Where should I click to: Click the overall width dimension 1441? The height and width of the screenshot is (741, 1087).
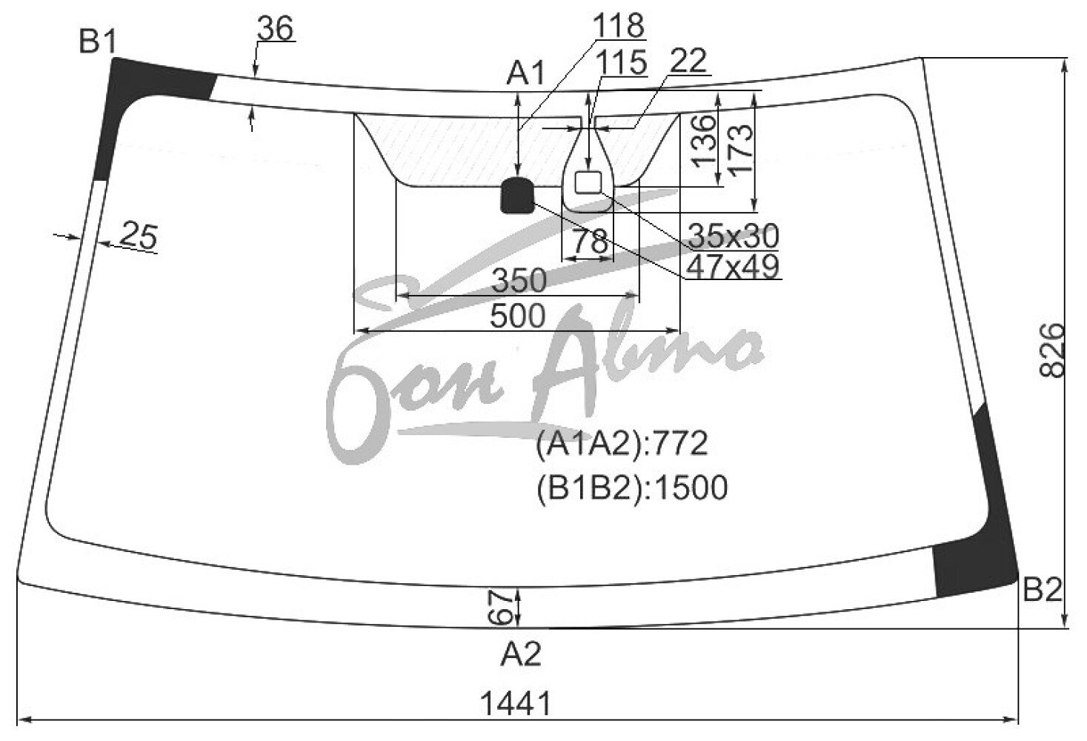[x=516, y=703]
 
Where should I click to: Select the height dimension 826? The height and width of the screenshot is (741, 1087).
[x=1051, y=350]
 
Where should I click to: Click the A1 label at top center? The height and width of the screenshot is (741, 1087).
[x=525, y=74]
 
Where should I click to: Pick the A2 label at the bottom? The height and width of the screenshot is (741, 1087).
[x=521, y=654]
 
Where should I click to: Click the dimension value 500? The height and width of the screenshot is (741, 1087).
[x=518, y=316]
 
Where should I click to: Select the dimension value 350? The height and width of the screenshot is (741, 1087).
[x=519, y=281]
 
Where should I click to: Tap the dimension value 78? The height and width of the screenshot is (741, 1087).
[x=590, y=241]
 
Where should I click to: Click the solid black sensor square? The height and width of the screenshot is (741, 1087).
[x=517, y=196]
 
